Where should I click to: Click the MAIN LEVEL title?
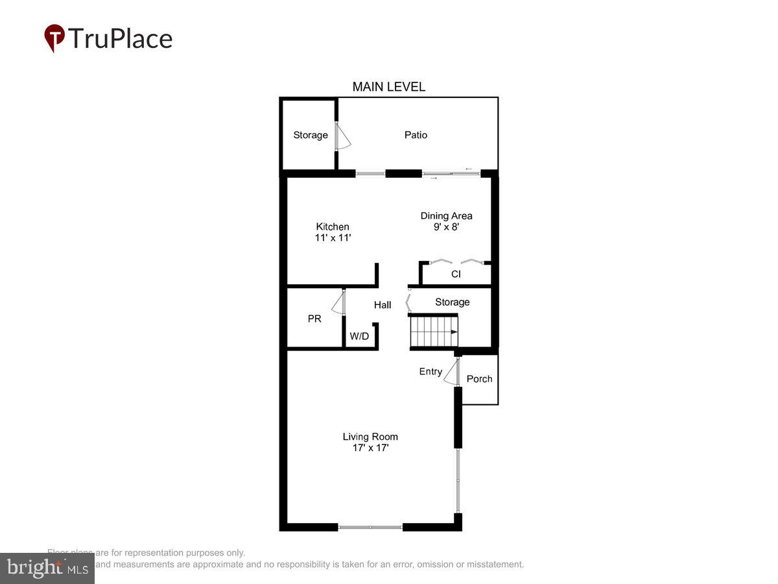click(x=388, y=87)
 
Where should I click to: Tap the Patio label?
click(x=416, y=135)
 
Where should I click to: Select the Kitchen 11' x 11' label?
click(x=333, y=232)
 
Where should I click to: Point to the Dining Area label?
click(x=446, y=221)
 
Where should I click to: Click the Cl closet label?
click(x=456, y=274)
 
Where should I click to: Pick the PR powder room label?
click(x=314, y=319)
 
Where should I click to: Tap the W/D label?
click(x=359, y=336)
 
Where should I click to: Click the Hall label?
click(x=383, y=305)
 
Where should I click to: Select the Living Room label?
click(x=370, y=442)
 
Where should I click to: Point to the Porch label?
click(x=479, y=379)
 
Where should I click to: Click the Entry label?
click(x=430, y=372)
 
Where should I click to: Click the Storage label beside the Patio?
click(x=311, y=135)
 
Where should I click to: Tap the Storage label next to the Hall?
click(x=452, y=302)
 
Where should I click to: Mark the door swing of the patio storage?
click(x=343, y=137)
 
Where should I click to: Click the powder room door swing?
click(x=338, y=302)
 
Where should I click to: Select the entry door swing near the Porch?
click(x=450, y=372)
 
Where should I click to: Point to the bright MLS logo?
click(x=47, y=568)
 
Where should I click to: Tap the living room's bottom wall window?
click(x=370, y=528)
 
